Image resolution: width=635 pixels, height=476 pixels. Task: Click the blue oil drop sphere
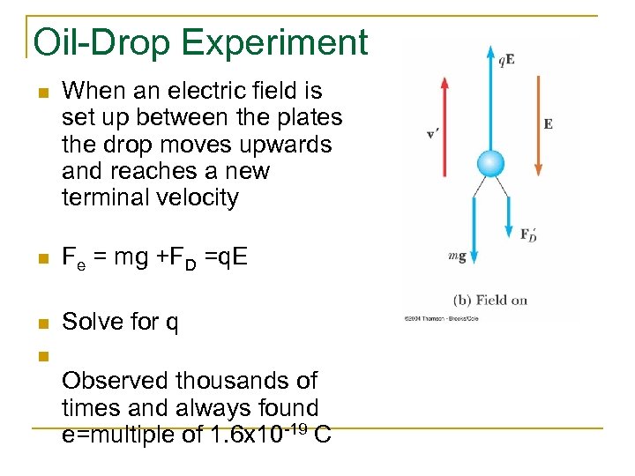coord(490,163)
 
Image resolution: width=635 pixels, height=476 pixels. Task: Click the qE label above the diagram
coord(507,60)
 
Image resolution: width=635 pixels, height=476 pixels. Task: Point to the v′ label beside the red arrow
coord(433,134)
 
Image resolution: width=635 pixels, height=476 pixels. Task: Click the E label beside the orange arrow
coord(548,124)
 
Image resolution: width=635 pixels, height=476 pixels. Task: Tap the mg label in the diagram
coord(457,256)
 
